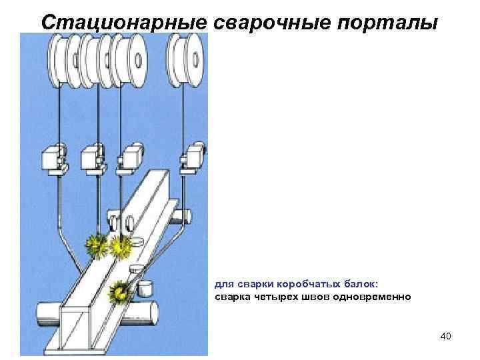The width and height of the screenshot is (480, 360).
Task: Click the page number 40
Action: [445, 336]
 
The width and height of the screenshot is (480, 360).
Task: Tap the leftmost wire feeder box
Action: [52, 158]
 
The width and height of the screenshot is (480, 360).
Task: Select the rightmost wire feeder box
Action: [193, 158]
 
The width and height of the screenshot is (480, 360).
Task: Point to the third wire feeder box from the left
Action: [129, 158]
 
